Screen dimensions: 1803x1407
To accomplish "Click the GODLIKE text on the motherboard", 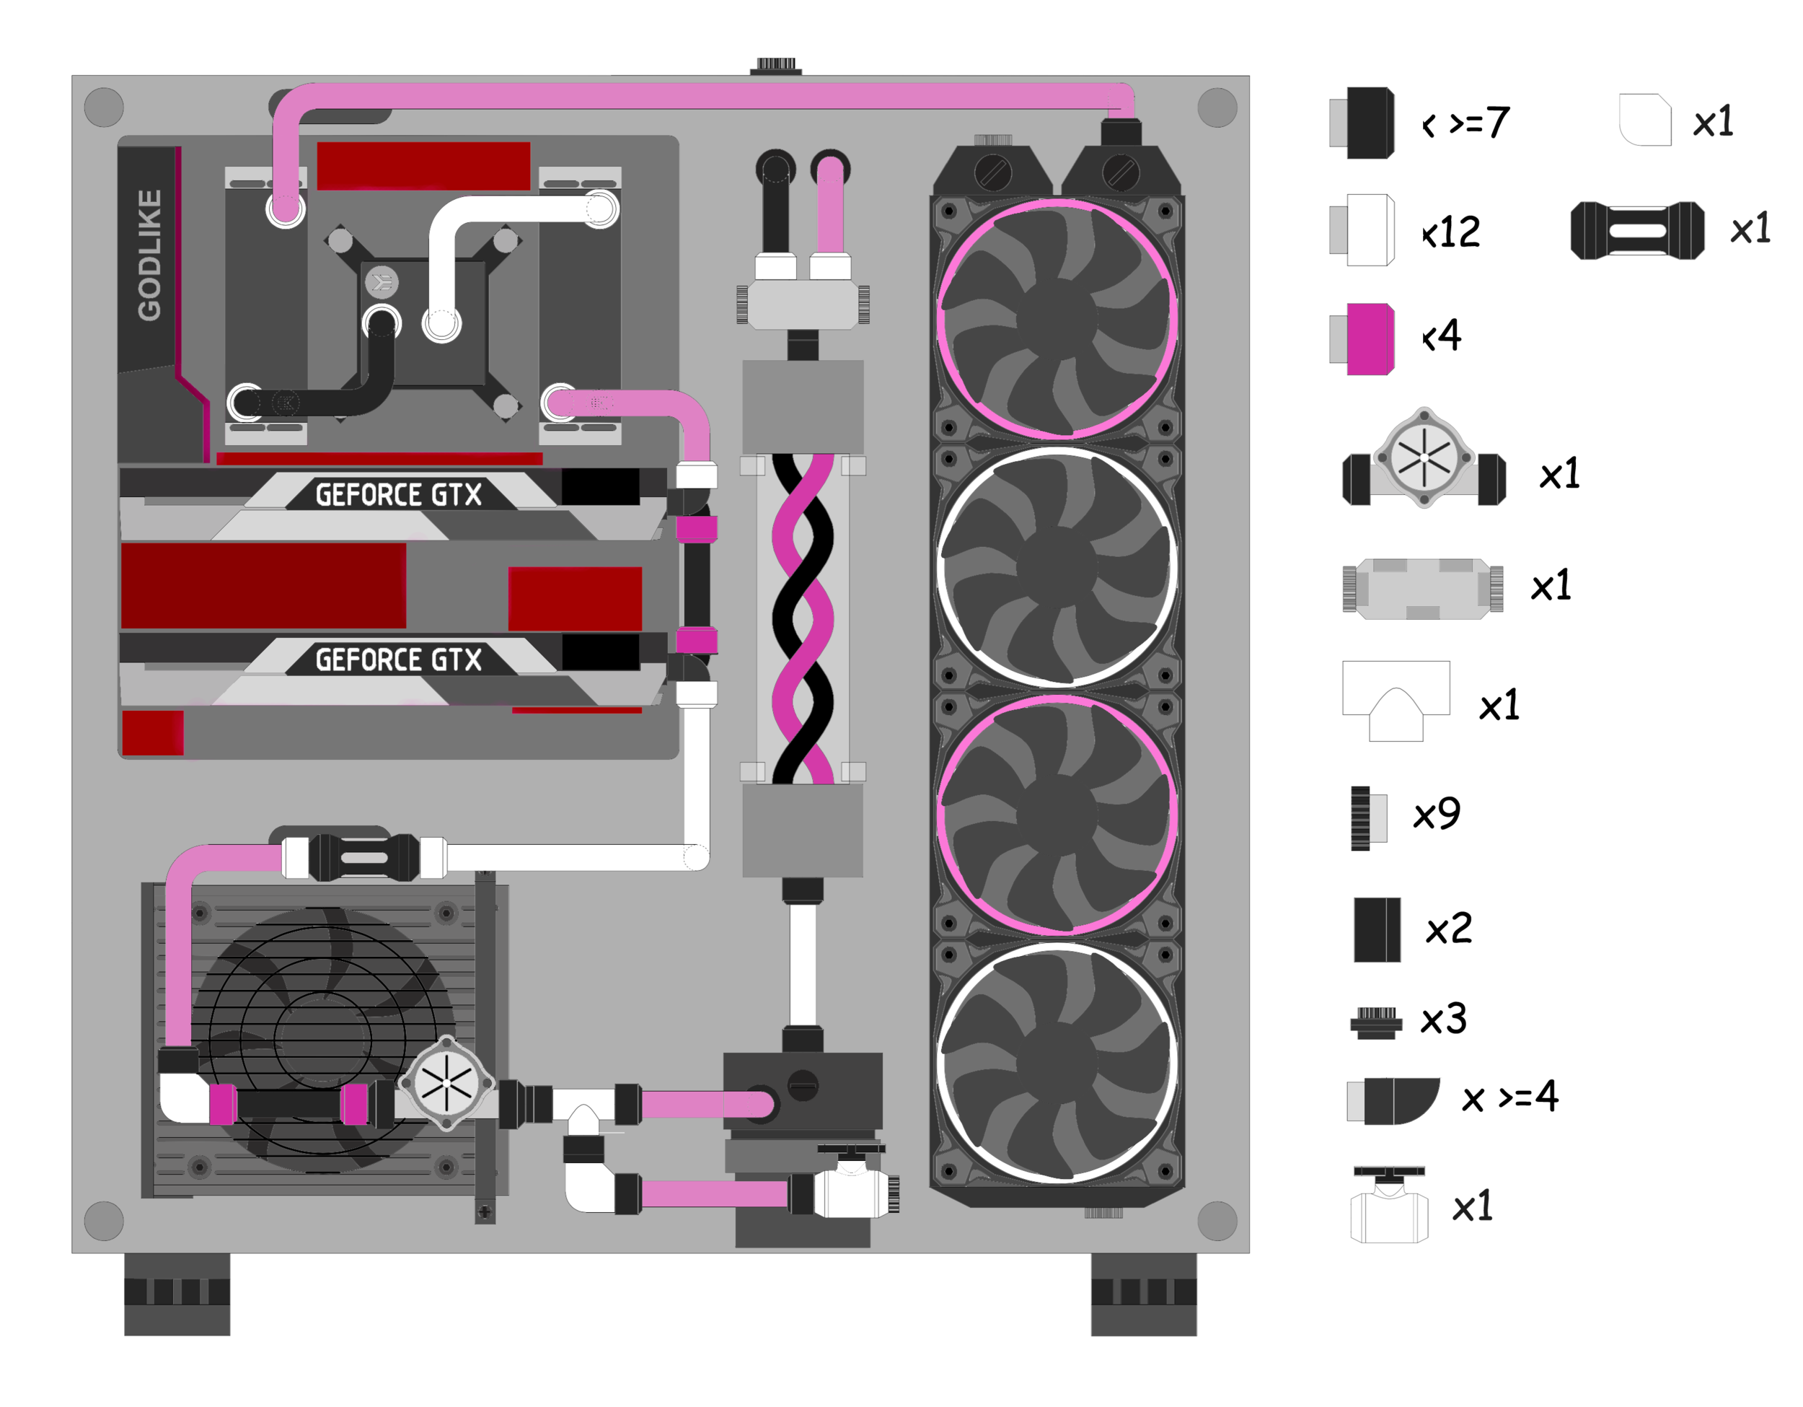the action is click(149, 255).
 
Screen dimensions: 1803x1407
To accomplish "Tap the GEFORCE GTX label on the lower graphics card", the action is click(399, 660).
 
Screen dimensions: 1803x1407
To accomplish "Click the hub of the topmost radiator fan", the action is click(1057, 320).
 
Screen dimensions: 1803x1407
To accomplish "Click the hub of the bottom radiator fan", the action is click(1057, 1064).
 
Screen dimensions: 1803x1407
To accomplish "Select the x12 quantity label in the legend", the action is click(1451, 232).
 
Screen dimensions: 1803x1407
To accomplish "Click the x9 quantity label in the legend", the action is click(1437, 815).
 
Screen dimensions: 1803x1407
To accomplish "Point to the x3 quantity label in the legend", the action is click(1443, 1020).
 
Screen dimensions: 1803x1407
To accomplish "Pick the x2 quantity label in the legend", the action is click(1449, 929).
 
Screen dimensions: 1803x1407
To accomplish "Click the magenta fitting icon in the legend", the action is click(1370, 339).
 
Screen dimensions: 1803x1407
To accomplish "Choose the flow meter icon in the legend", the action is click(1424, 458).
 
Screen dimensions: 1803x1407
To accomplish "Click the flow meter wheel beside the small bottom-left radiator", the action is click(446, 1083).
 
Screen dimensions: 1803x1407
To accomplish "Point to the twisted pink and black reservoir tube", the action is click(803, 619).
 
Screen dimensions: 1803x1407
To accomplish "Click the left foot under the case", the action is click(177, 1293).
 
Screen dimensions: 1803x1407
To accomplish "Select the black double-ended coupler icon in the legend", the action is click(1637, 230).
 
